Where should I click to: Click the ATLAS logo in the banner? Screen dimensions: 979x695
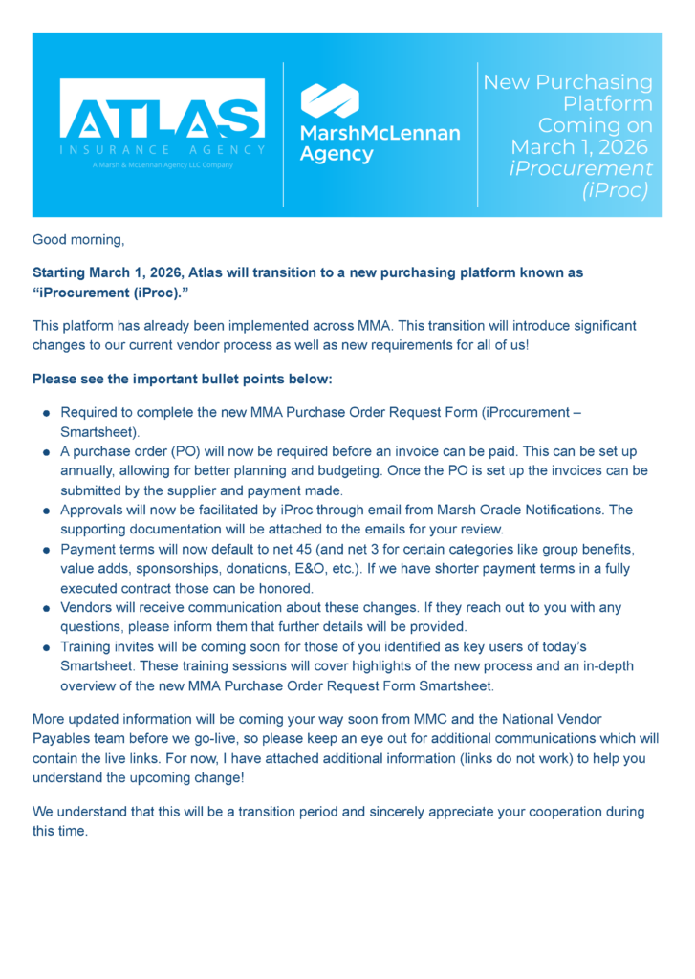tap(162, 107)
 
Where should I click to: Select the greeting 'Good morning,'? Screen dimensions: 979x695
tap(78, 238)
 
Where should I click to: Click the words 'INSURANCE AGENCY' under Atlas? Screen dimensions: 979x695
tap(162, 149)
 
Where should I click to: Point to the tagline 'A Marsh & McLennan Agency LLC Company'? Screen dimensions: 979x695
tap(163, 164)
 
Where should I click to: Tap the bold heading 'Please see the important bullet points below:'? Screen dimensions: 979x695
tap(182, 379)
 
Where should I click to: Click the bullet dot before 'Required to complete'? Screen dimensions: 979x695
tap(46, 413)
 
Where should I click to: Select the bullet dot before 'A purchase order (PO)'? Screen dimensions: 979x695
tap(46, 451)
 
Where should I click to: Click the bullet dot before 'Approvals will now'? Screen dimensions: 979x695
tap(46, 511)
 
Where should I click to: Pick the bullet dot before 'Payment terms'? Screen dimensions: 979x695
tap(46, 550)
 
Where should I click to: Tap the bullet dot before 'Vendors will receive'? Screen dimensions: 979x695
tap(46, 609)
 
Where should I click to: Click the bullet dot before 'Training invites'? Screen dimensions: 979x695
tap(46, 648)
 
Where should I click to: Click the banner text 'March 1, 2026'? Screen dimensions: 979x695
tap(579, 147)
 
